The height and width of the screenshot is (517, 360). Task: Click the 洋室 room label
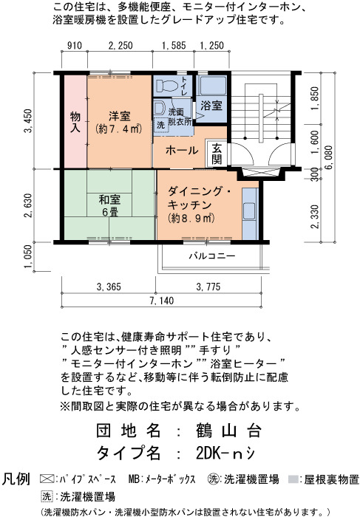pyautogui.click(x=119, y=116)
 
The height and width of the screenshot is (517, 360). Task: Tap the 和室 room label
pyautogui.click(x=109, y=200)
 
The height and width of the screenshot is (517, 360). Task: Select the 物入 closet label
pyautogui.click(x=75, y=122)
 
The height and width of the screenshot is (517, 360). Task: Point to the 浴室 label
pyautogui.click(x=211, y=106)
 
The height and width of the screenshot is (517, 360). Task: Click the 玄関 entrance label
pyautogui.click(x=217, y=154)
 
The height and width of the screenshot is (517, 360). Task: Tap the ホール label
pyautogui.click(x=182, y=151)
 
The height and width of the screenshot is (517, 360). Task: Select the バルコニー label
pyautogui.click(x=212, y=256)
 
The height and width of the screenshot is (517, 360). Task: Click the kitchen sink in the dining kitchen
pyautogui.click(x=249, y=211)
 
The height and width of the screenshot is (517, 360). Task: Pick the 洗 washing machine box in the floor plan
pyautogui.click(x=160, y=125)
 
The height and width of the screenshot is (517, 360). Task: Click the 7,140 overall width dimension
pyautogui.click(x=161, y=301)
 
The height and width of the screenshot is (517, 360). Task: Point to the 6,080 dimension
pyautogui.click(x=330, y=157)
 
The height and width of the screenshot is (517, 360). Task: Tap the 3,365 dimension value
pyautogui.click(x=109, y=287)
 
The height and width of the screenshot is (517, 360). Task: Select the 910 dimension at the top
pyautogui.click(x=75, y=46)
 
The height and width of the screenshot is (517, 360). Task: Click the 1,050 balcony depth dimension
pyautogui.click(x=28, y=256)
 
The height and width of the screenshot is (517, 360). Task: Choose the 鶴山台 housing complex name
pyautogui.click(x=228, y=431)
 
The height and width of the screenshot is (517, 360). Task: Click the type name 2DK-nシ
pyautogui.click(x=225, y=453)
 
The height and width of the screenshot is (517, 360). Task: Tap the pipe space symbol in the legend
pyautogui.click(x=46, y=479)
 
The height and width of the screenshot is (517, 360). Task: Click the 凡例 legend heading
pyautogui.click(x=16, y=479)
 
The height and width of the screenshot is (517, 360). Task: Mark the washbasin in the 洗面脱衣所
pyautogui.click(x=159, y=108)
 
